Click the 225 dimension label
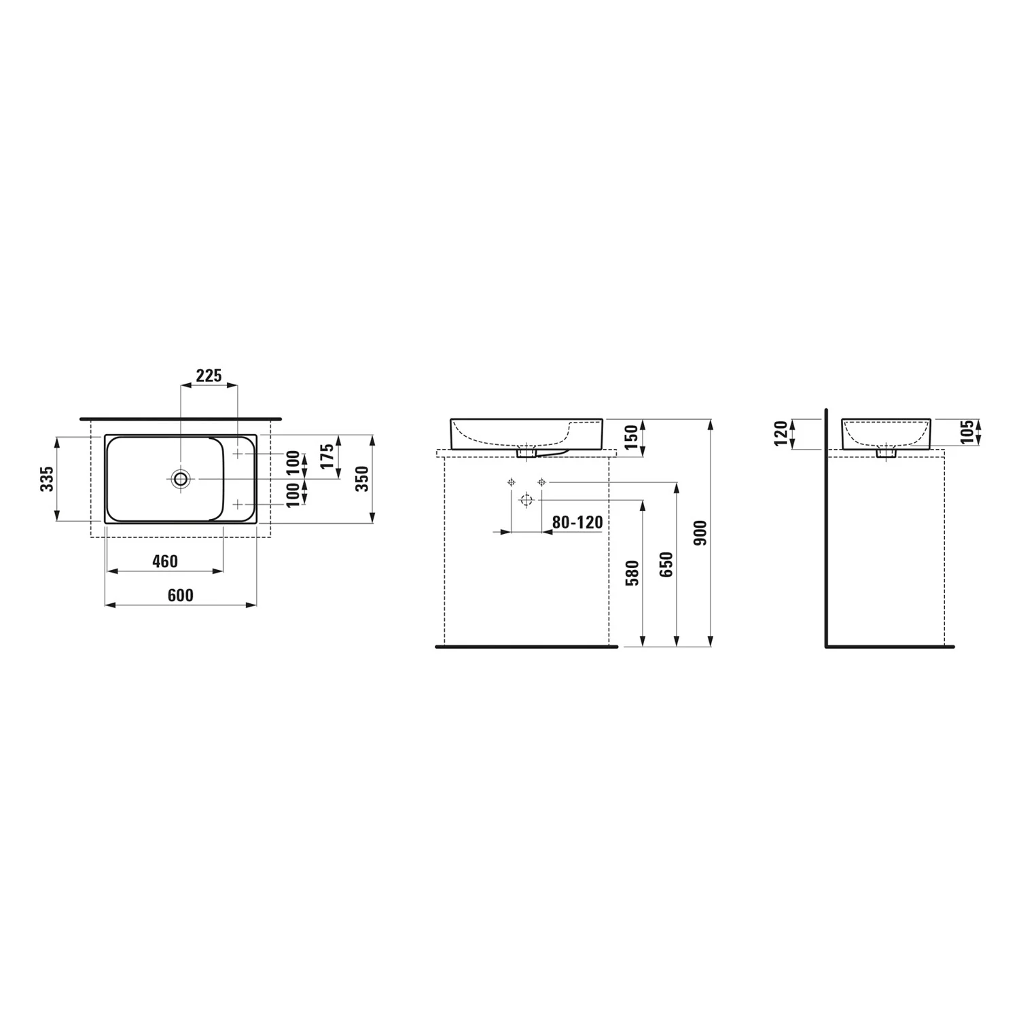(x=209, y=376)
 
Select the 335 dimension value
(x=47, y=480)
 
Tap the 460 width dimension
(x=165, y=561)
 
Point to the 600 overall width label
(x=180, y=595)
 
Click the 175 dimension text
(x=327, y=457)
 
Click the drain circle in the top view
(x=181, y=479)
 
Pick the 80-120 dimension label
(x=577, y=522)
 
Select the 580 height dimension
(x=632, y=573)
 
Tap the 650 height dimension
(x=666, y=565)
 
